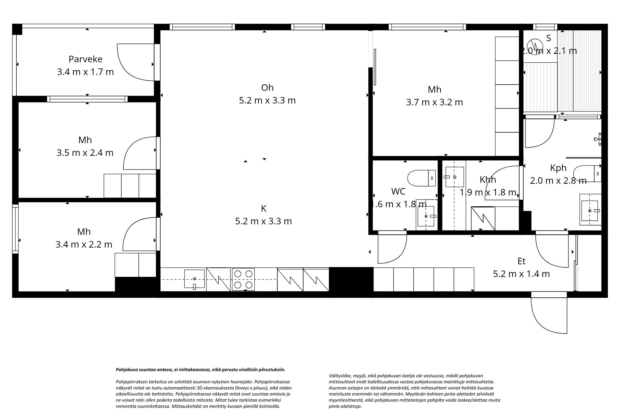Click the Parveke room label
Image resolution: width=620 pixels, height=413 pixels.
point(85,59)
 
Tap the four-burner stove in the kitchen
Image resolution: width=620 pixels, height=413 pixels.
point(243,279)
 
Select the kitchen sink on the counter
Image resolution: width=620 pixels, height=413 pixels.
point(194,279)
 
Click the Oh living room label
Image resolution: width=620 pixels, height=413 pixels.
point(267,88)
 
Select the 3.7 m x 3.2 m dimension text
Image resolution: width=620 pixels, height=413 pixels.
point(434,102)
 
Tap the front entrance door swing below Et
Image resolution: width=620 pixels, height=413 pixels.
point(549,316)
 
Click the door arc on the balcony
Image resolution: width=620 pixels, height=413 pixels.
point(135,62)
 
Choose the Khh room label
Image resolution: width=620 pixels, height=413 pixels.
point(488,180)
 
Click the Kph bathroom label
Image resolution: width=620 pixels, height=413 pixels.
point(558,168)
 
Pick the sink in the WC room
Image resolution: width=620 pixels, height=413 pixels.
point(427,216)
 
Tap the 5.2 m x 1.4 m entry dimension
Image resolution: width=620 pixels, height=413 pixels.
point(521,274)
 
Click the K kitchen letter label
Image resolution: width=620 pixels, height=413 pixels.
point(263,209)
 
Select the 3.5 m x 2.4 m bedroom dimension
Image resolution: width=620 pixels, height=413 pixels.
point(85,153)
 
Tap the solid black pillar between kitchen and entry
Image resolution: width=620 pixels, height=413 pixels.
point(351,279)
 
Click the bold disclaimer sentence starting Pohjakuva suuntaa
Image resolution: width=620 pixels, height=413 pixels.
point(200,370)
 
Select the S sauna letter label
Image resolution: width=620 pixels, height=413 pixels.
point(548,38)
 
